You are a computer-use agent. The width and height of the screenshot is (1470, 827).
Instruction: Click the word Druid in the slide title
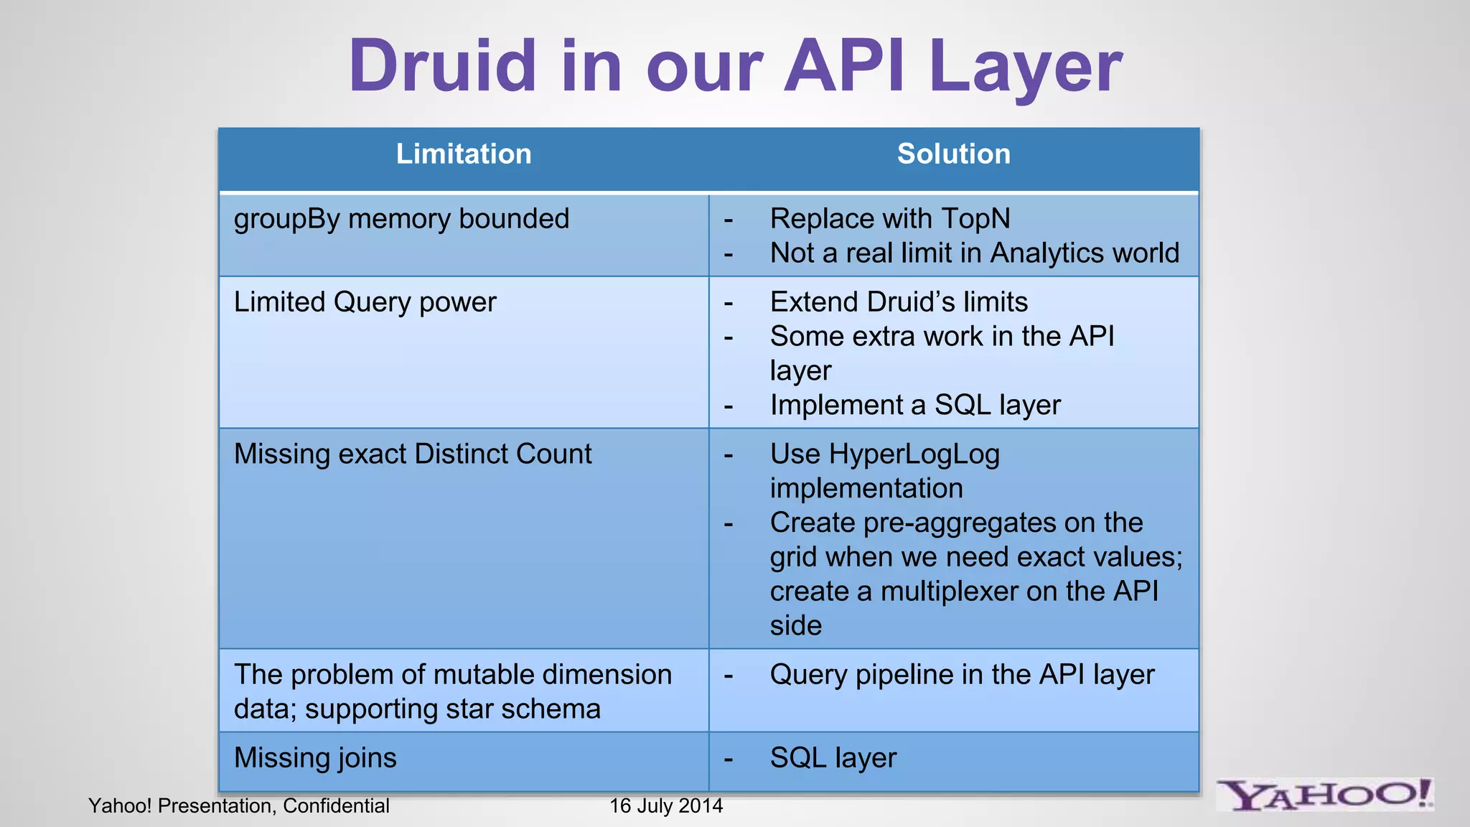coord(442,66)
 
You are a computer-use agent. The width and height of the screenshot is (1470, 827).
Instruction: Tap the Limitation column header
coord(464,154)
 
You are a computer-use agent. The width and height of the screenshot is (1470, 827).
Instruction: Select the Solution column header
coord(953,154)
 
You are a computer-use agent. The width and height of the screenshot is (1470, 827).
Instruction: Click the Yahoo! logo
coord(1325,795)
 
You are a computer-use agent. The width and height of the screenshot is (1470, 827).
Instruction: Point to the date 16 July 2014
coord(666,806)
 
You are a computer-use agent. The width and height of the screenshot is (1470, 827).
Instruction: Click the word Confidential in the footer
coord(336,806)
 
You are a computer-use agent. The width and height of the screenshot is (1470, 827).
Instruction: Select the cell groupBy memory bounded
coord(401,219)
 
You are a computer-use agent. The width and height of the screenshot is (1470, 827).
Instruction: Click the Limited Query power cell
coord(365,302)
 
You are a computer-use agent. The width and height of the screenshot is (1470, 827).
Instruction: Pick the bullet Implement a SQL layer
coord(914,406)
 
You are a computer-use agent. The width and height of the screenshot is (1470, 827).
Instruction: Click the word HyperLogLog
coord(914,454)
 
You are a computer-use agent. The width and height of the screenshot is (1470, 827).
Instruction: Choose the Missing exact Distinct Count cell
coord(413,454)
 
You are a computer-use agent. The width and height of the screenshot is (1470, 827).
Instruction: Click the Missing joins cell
coord(315,758)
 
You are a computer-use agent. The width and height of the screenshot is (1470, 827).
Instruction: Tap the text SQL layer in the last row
coord(833,758)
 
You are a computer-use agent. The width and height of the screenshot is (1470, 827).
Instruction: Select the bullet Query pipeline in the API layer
coord(962,675)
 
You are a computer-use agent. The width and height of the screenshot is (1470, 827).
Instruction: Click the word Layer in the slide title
coord(1024,66)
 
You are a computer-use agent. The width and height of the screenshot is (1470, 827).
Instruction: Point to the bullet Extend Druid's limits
coord(899,302)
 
